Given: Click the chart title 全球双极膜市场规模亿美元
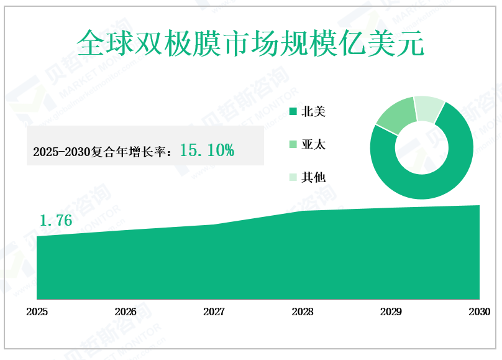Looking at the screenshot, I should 250,44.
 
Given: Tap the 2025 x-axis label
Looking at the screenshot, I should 37,312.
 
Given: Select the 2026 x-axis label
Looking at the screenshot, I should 125,312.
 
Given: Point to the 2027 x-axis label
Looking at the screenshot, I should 214,312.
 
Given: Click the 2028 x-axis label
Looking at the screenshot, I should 303,312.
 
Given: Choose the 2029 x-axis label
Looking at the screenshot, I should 391,312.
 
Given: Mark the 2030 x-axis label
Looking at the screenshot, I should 479,312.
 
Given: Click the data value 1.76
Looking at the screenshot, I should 56,220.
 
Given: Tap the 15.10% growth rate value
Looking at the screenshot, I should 207,150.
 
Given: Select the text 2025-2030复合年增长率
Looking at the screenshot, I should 103,151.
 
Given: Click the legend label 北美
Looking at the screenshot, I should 313,113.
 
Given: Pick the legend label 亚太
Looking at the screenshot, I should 313,145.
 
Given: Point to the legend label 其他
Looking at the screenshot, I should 313,177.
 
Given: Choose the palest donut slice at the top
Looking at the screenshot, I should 429,107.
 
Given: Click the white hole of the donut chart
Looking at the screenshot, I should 422,148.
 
